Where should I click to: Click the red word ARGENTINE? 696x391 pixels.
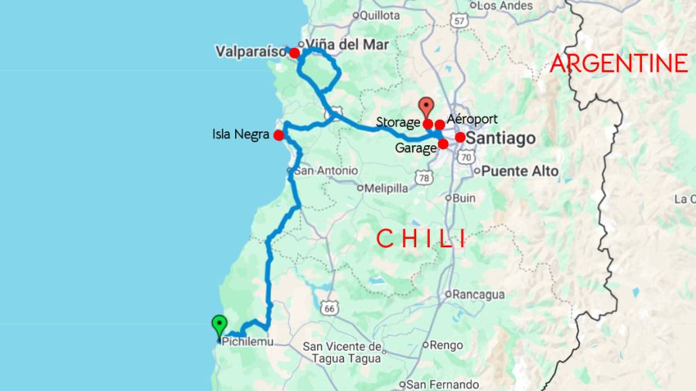(619, 63)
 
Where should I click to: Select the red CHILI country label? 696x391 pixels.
(421, 238)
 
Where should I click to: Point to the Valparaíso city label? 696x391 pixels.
(251, 52)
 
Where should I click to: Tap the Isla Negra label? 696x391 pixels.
(241, 134)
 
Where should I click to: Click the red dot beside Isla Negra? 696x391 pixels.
(278, 135)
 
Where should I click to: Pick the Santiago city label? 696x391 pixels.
(502, 138)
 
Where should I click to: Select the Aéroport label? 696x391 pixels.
(473, 119)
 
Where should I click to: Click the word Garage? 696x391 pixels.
(416, 148)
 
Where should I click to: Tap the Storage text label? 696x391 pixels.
(398, 122)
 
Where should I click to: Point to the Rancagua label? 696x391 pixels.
(478, 294)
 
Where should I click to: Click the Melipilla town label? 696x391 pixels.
(387, 187)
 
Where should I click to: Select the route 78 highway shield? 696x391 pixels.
(423, 178)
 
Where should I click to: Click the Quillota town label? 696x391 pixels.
(378, 13)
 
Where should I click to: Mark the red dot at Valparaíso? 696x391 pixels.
(294, 53)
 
